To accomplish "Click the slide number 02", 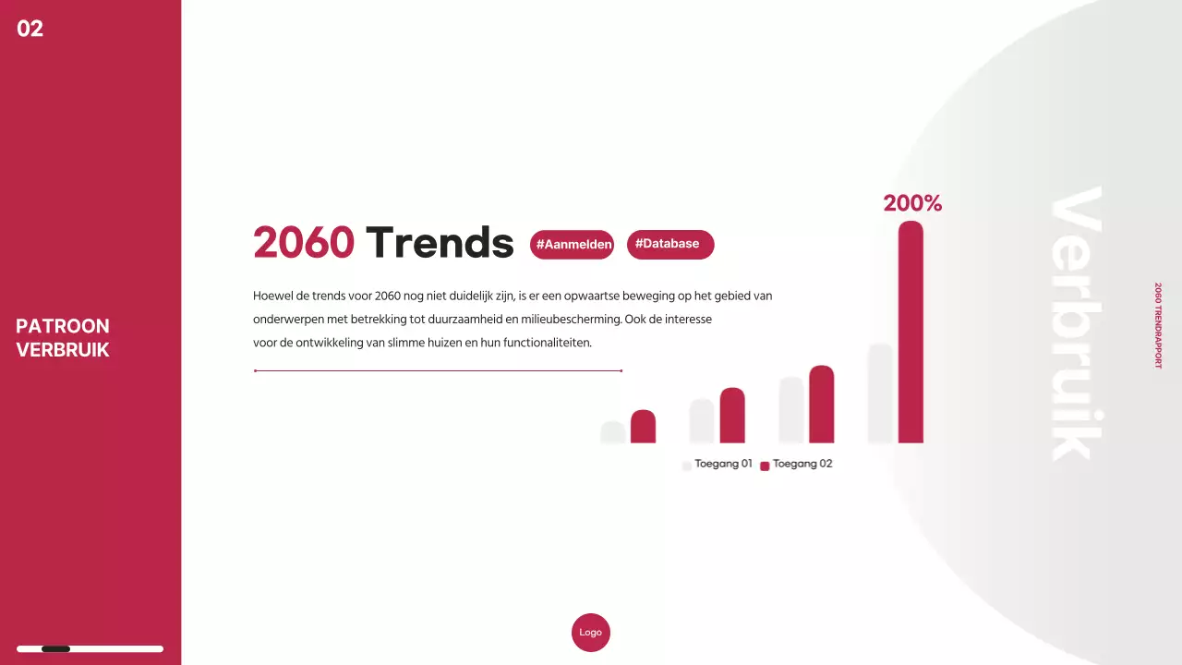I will pos(30,29).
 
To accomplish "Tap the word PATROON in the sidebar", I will pos(63,326).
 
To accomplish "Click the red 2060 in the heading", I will pos(304,243).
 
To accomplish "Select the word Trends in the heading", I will pos(440,243).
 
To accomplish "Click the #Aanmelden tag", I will pos(573,245).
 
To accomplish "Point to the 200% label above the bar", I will pos(912,203).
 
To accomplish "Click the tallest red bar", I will pos(911,332).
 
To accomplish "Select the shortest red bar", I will pos(643,427).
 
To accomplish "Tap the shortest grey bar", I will pos(612,432).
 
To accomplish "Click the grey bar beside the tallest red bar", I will pos(880,393).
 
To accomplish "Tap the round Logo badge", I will pos(591,633).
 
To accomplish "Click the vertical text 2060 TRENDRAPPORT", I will pos(1158,326).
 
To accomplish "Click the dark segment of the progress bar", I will pos(56,649).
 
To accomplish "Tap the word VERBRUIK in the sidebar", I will pos(63,350).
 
